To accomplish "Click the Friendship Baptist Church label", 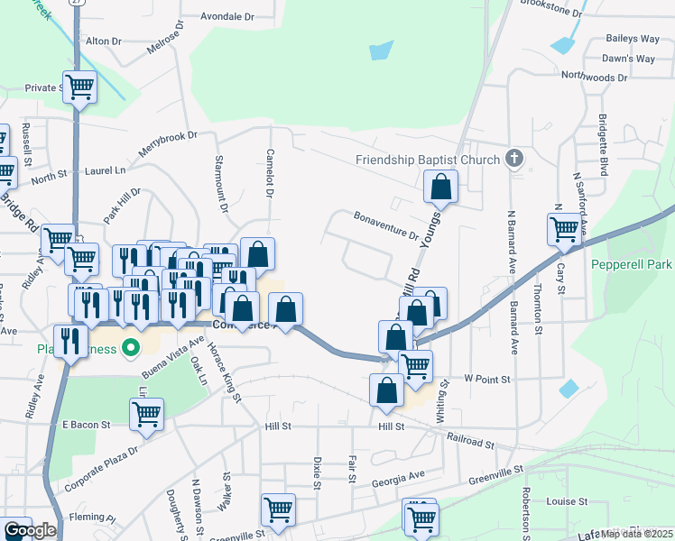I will pyautogui.click(x=428, y=160).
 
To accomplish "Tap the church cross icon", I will pyautogui.click(x=514, y=160).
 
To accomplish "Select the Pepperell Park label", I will pyautogui.click(x=632, y=265).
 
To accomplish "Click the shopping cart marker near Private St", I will pyautogui.click(x=79, y=87).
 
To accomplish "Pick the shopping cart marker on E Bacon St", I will pyautogui.click(x=146, y=415).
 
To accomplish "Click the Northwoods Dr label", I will pyautogui.click(x=594, y=78).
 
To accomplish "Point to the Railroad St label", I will pyautogui.click(x=470, y=441).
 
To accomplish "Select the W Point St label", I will pyautogui.click(x=487, y=380).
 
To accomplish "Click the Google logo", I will pyautogui.click(x=30, y=530).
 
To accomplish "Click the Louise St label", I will pyautogui.click(x=567, y=501).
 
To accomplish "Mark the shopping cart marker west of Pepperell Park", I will pyautogui.click(x=564, y=229).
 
